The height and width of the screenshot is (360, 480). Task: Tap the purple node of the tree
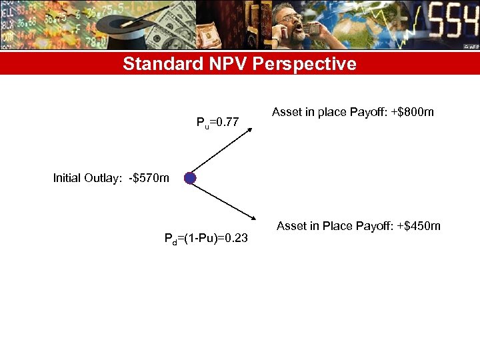190,178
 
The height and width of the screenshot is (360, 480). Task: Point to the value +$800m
411,112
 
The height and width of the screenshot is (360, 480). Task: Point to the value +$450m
418,226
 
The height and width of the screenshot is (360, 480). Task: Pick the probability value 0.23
235,239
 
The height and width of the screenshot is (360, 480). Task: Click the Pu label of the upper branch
201,123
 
